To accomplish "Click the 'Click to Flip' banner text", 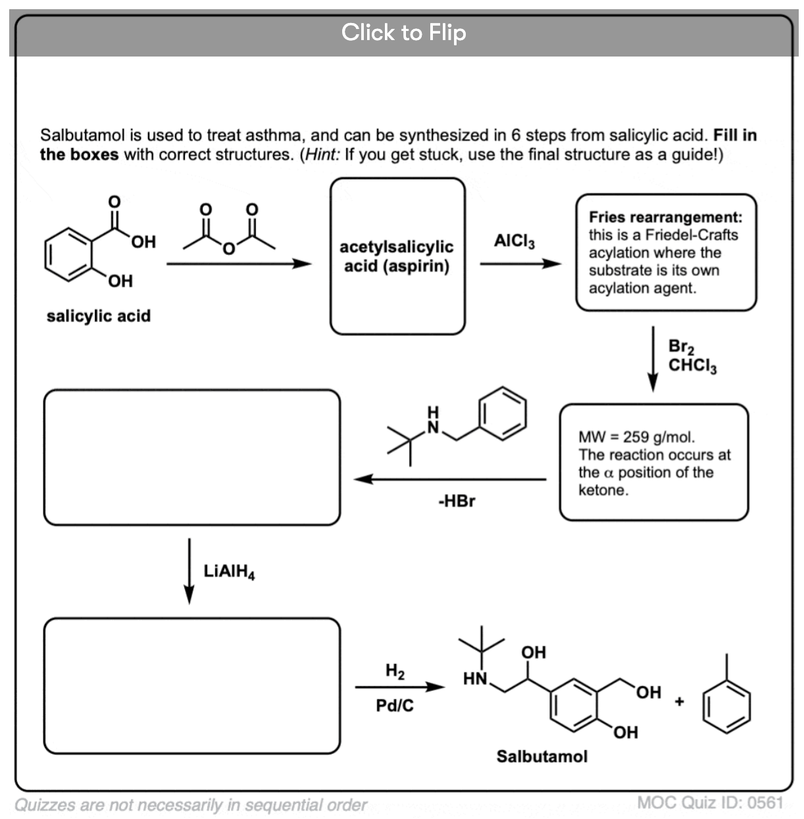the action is (x=403, y=33).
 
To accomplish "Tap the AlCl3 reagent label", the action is (x=514, y=241).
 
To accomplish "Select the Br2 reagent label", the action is (x=681, y=346).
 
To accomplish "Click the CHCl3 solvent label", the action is (x=693, y=365).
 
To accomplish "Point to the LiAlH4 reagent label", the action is (x=229, y=572).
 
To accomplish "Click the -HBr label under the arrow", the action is (x=457, y=501).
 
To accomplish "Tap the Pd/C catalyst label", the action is (x=395, y=705).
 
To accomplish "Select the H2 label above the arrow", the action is (x=395, y=671).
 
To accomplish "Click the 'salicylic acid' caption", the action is (x=98, y=316).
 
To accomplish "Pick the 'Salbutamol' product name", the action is (x=542, y=757).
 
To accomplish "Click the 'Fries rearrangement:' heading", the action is (x=666, y=217).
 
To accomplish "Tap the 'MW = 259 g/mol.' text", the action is (x=636, y=437).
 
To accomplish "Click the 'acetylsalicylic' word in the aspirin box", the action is (x=397, y=247).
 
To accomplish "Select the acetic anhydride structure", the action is (x=229, y=229).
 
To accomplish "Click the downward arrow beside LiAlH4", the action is (x=189, y=571).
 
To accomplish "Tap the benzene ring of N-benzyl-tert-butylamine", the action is (x=503, y=413).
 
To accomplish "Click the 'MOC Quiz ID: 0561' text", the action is (x=711, y=803).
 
